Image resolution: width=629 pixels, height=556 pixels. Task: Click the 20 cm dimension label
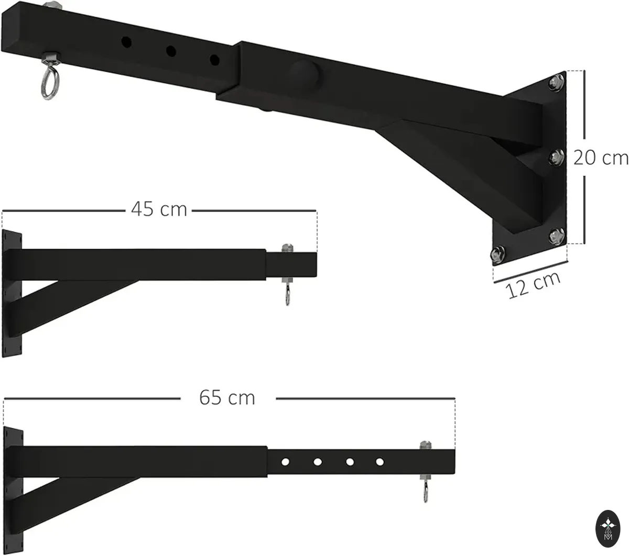[601, 158]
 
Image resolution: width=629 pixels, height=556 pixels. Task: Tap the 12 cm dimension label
[533, 285]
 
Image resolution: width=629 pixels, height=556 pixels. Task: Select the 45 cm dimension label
[159, 209]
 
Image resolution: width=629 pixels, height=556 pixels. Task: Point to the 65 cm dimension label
[227, 397]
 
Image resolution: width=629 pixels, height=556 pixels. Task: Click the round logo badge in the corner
[608, 528]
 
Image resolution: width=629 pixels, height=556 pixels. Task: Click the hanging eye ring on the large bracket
[49, 84]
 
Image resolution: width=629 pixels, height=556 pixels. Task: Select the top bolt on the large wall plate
[556, 83]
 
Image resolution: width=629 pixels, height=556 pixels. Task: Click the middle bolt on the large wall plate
[556, 157]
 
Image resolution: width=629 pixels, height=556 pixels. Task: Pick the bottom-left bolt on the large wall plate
[497, 254]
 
